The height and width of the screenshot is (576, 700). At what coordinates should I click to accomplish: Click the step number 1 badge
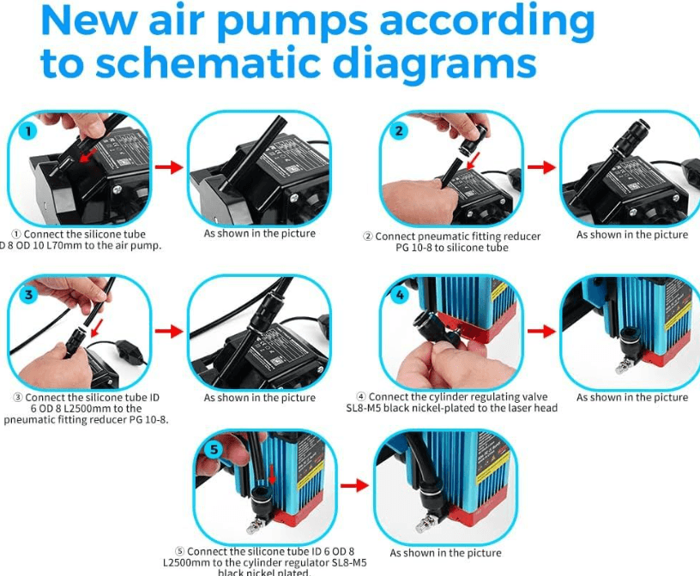coord(27,132)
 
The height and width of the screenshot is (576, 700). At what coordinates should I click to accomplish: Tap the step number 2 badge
coord(399,131)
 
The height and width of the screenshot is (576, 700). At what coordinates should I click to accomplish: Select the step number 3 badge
coord(27,294)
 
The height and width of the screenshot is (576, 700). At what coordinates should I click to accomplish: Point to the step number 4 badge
coord(399,295)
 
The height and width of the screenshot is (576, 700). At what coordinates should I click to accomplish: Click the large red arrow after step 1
coord(170,167)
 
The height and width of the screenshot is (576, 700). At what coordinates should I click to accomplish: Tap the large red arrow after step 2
coord(541,167)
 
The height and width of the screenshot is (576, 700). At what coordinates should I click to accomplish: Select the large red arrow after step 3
coord(170,331)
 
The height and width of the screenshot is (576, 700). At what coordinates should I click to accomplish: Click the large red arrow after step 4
coord(541,331)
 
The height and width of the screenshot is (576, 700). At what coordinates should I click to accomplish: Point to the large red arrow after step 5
coord(355,485)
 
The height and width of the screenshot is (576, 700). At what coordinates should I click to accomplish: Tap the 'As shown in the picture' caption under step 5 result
coord(445,553)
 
